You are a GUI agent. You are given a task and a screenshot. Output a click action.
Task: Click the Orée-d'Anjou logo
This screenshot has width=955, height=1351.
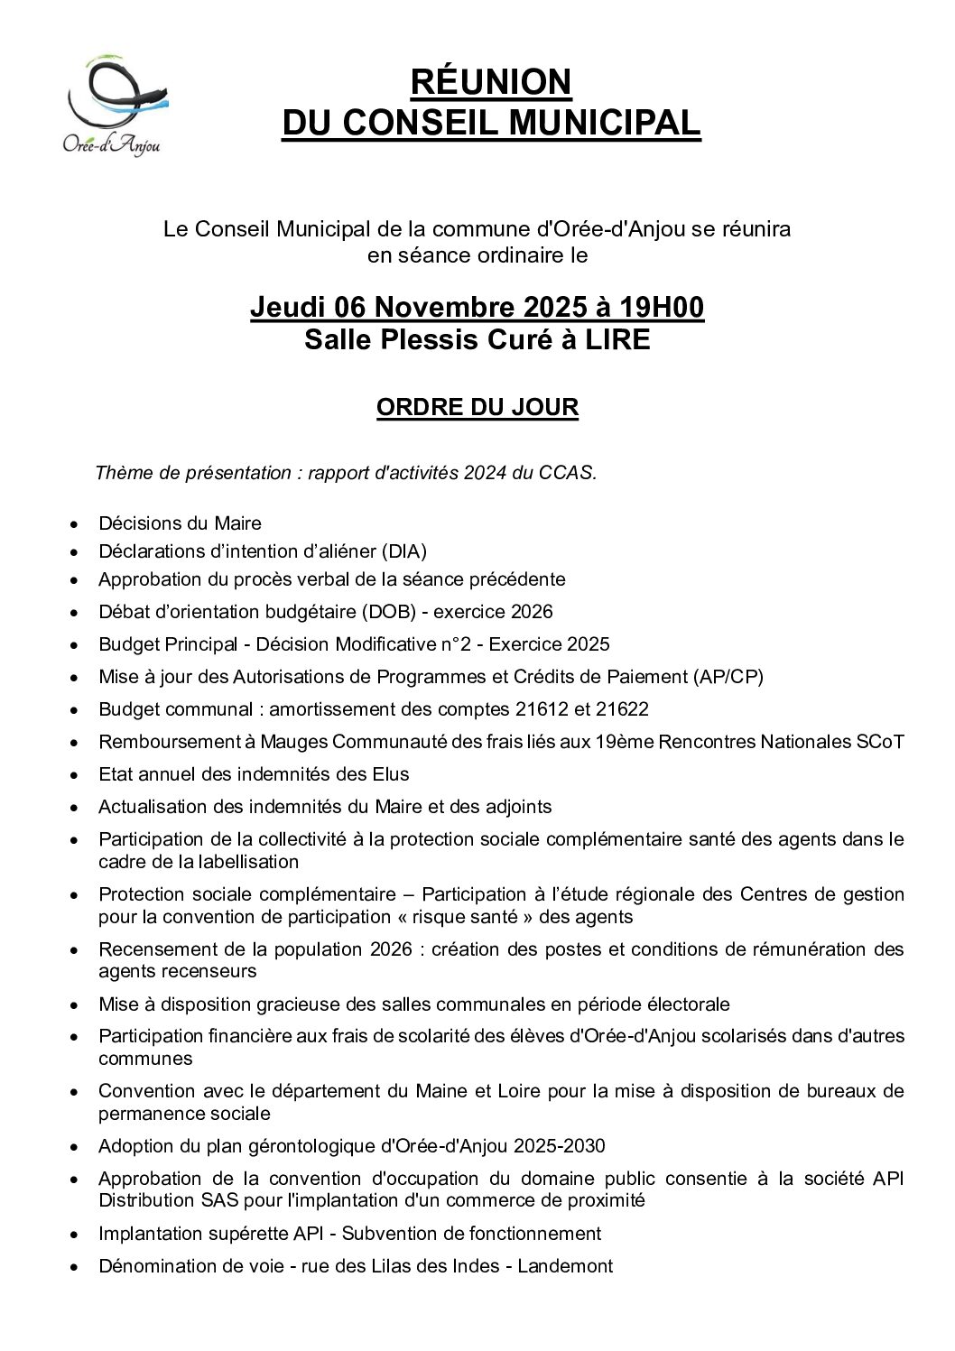tap(115, 105)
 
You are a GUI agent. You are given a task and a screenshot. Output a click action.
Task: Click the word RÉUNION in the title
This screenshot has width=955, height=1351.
tap(491, 82)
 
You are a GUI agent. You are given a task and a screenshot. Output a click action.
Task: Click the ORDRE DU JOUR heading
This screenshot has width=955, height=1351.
tap(477, 407)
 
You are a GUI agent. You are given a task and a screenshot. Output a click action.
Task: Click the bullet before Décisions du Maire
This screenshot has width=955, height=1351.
tap(74, 524)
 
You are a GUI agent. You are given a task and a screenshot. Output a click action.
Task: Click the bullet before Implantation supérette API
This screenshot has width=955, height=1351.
tap(74, 1235)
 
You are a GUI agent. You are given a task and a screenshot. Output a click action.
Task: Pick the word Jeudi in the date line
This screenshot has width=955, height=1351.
tap(288, 308)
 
